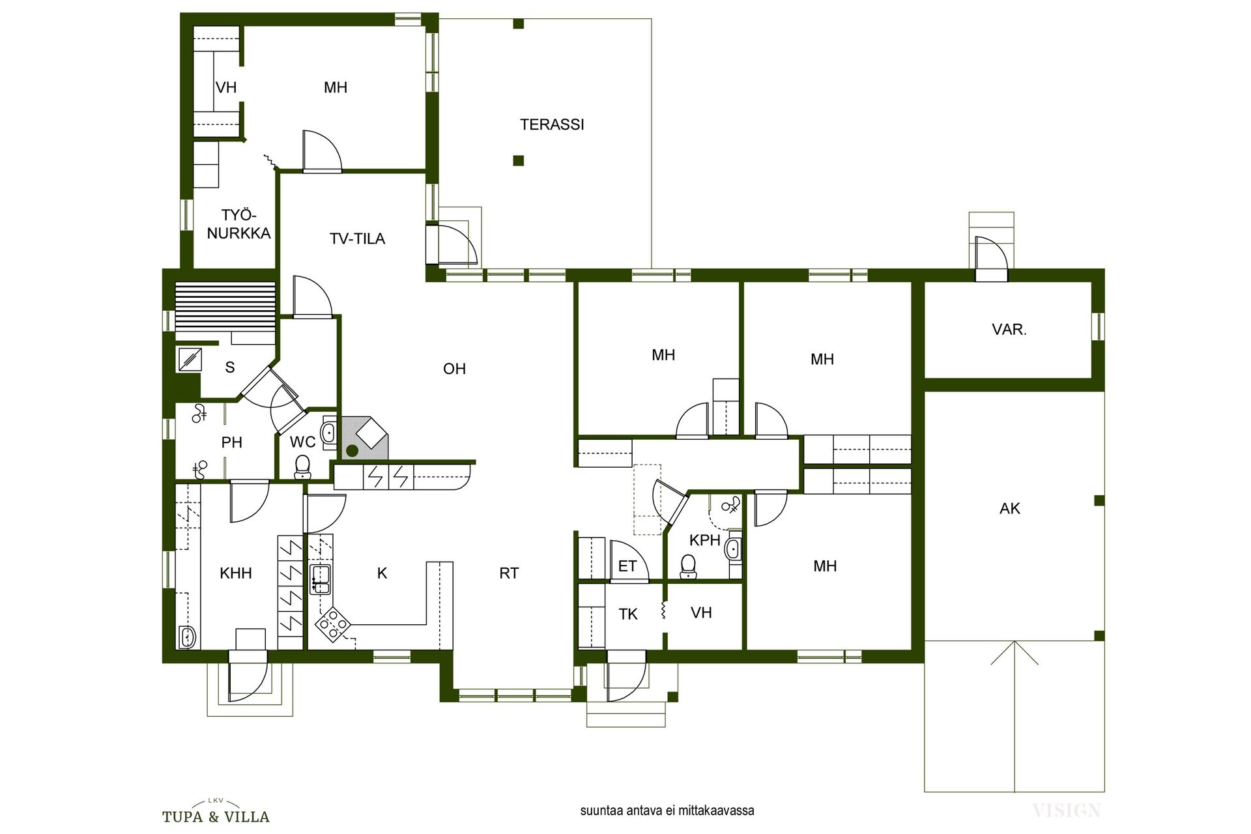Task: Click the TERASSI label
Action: click(x=552, y=124)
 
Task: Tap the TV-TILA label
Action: click(x=357, y=239)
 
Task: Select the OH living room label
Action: click(x=454, y=369)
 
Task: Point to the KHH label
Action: click(x=236, y=573)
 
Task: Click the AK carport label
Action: click(x=1010, y=509)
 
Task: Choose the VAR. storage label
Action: click(x=1009, y=330)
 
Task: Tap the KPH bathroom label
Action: click(x=705, y=540)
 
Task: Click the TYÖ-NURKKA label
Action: click(x=238, y=224)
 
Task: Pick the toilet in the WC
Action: click(x=302, y=466)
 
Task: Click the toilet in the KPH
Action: click(x=687, y=566)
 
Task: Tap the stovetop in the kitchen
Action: click(x=332, y=625)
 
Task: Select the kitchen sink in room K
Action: click(x=320, y=579)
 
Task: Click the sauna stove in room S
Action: click(x=190, y=360)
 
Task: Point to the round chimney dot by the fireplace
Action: click(x=352, y=450)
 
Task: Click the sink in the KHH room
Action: click(x=187, y=637)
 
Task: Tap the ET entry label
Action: click(x=627, y=567)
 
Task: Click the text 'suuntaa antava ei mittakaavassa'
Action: click(x=667, y=811)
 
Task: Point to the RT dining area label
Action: click(x=509, y=573)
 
